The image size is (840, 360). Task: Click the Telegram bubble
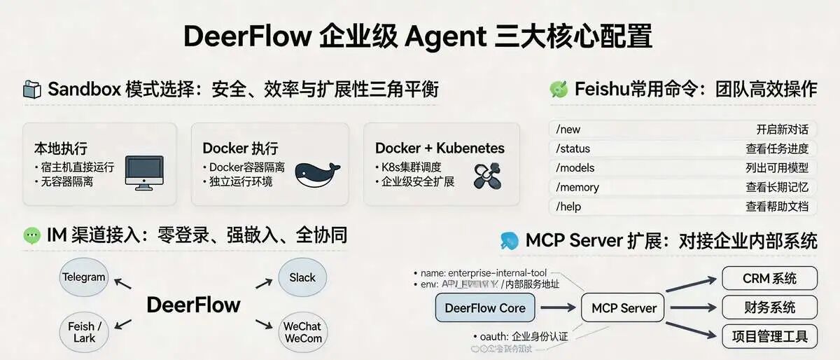[83, 277]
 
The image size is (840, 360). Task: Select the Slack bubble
[302, 277]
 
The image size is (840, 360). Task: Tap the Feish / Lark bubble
[85, 332]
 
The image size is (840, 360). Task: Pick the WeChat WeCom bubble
[302, 332]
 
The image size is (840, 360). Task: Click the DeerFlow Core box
[485, 308]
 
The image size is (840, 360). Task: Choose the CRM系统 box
[769, 278]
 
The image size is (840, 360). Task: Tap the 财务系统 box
[769, 307]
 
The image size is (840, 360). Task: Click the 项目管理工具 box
[769, 335]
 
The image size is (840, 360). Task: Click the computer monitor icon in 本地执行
[143, 172]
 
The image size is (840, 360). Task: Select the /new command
[568, 130]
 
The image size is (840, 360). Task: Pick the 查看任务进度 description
[776, 148]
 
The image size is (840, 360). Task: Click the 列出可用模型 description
[776, 168]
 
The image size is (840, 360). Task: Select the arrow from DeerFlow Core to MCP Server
[558, 308]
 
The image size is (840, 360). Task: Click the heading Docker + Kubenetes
[440, 148]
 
